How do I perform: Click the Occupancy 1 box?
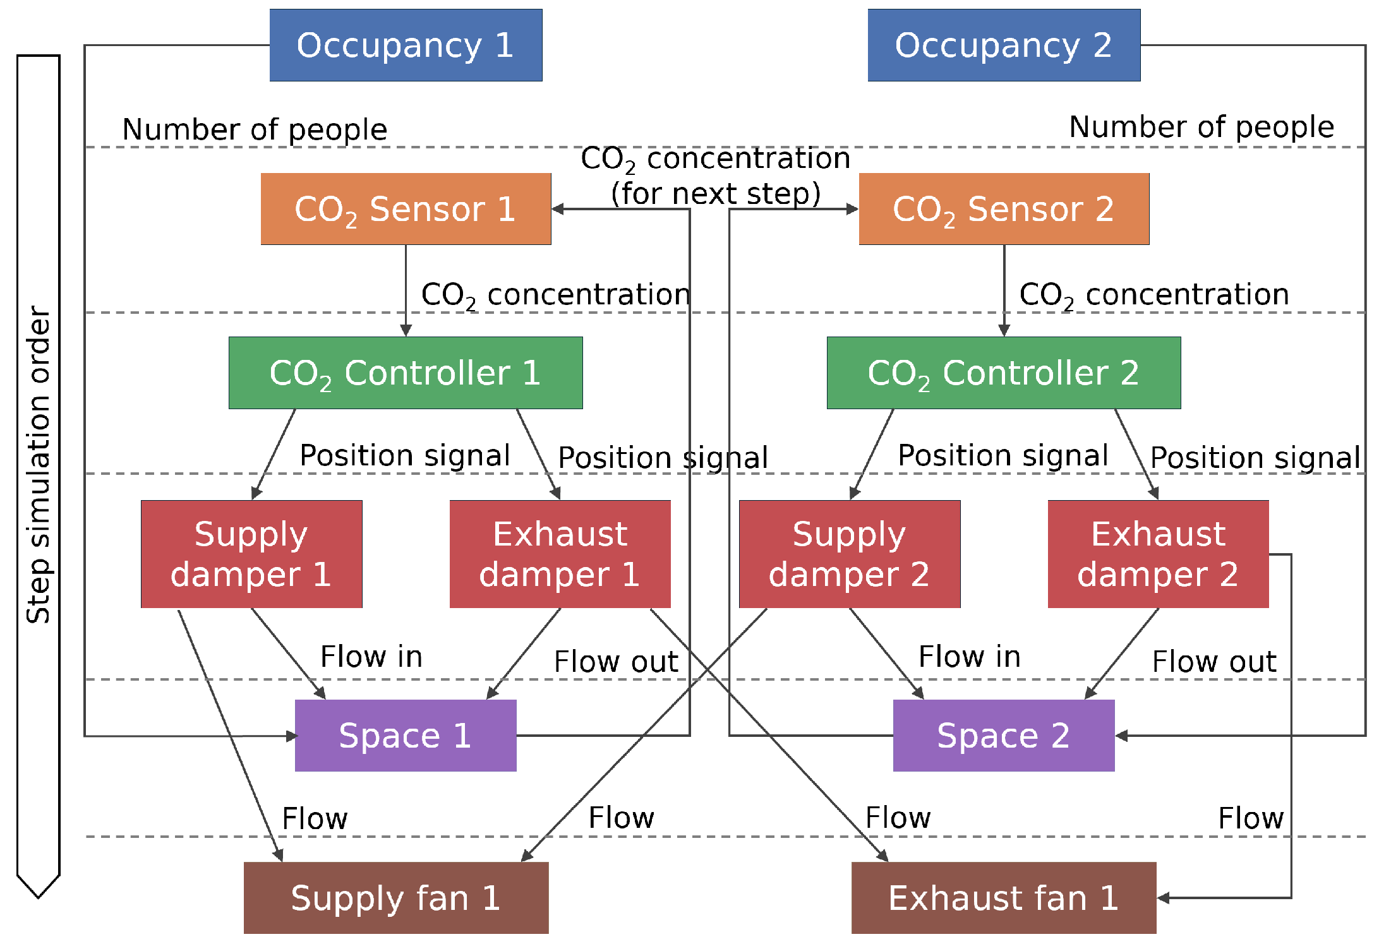[406, 45]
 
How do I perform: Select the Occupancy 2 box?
[1004, 45]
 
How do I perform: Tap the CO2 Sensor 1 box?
[406, 209]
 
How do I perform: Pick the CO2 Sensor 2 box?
[1004, 209]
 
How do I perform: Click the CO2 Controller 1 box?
[406, 373]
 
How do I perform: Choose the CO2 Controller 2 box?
[1004, 373]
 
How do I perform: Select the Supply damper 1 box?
[251, 554]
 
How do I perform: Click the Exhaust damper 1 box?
[560, 554]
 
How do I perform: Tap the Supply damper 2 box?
[850, 554]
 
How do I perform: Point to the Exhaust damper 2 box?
[1158, 554]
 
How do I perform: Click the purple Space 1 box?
[406, 735]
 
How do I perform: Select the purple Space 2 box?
[1004, 735]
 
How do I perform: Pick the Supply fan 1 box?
[396, 897]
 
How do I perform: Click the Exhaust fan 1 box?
[1004, 897]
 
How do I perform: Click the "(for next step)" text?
[716, 194]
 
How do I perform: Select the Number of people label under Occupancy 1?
[255, 129]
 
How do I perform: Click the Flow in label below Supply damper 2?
[970, 657]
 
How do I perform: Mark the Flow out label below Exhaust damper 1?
[616, 662]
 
